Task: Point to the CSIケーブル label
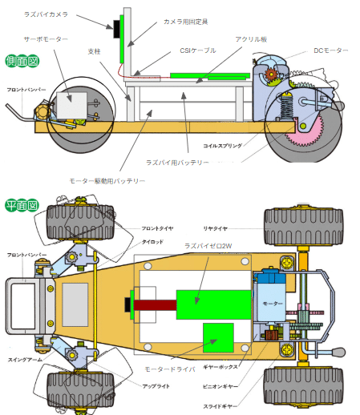tap(198, 50)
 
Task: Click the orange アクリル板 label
tap(250, 38)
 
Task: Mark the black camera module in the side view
tap(117, 29)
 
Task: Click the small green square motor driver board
tap(217, 336)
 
